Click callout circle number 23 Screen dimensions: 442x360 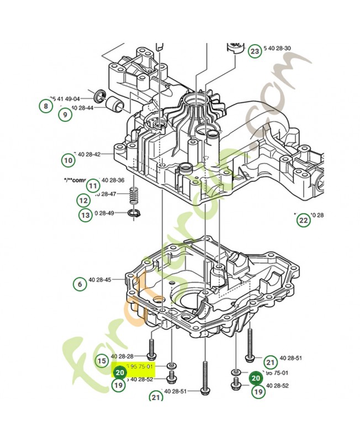pyautogui.click(x=254, y=51)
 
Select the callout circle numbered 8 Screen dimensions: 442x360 pyautogui.click(x=44, y=105)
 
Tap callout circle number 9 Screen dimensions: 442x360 pyautogui.click(x=64, y=114)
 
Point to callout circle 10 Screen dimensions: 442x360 pyautogui.click(x=68, y=161)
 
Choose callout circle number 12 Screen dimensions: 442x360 pyautogui.click(x=83, y=200)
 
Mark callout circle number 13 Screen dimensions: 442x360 pyautogui.click(x=85, y=215)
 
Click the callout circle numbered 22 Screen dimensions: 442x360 pyautogui.click(x=303, y=220)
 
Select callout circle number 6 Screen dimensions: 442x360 pyautogui.click(x=80, y=284)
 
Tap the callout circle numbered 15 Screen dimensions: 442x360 pyautogui.click(x=101, y=361)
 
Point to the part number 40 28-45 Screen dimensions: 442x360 pyautogui.click(x=99, y=280)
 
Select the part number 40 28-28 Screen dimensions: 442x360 pyautogui.click(x=122, y=356)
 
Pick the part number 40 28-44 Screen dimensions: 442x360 pyautogui.click(x=82, y=107)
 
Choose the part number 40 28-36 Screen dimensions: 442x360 pyautogui.click(x=113, y=180)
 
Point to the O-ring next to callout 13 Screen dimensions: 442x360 pyautogui.click(x=134, y=213)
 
